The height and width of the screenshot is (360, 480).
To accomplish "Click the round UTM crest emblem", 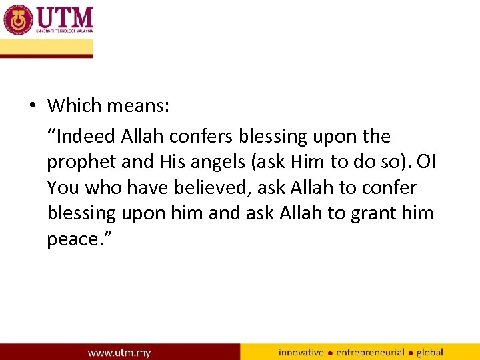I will pos(17,19).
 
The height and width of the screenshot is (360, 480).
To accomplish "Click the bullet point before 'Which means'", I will pos(31,106).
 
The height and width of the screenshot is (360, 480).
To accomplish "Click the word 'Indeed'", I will pos(86,137).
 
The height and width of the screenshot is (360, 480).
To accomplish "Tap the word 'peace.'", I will pos(79,239).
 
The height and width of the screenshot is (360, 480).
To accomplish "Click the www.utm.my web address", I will pos(119,352).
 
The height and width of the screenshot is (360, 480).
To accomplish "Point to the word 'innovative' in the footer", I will pos(301,352).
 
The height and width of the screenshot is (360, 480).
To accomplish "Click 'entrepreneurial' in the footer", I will pos(370,352).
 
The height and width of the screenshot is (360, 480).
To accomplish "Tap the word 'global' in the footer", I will pos(430,352).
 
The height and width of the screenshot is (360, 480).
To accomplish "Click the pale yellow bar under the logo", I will pos(46,47).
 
